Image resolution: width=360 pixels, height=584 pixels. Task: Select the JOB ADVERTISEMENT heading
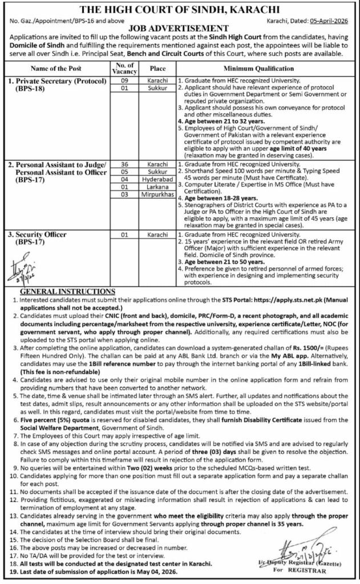pos(180,27)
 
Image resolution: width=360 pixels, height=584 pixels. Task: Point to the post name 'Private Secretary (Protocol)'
pos(53,82)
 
